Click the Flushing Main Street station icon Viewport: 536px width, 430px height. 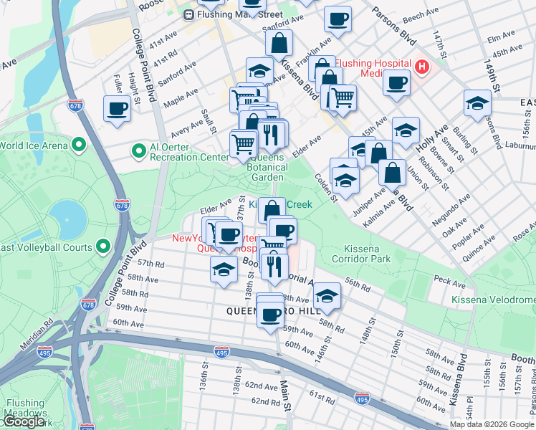tap(188, 14)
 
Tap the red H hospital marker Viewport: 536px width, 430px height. tap(422, 67)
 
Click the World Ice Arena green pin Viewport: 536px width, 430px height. tap(80, 145)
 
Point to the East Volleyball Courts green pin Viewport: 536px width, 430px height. tap(103, 247)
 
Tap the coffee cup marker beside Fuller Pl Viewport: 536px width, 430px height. tap(117, 109)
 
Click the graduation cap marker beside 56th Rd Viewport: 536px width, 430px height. tap(327, 295)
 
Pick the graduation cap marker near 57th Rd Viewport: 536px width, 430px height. tap(224, 269)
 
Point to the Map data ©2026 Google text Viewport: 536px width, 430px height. tap(491, 424)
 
